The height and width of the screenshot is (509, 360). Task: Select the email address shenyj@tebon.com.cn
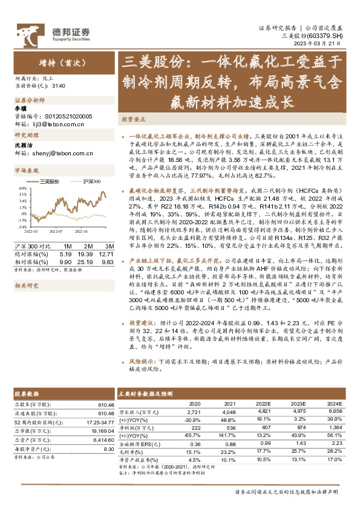point(58,154)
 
